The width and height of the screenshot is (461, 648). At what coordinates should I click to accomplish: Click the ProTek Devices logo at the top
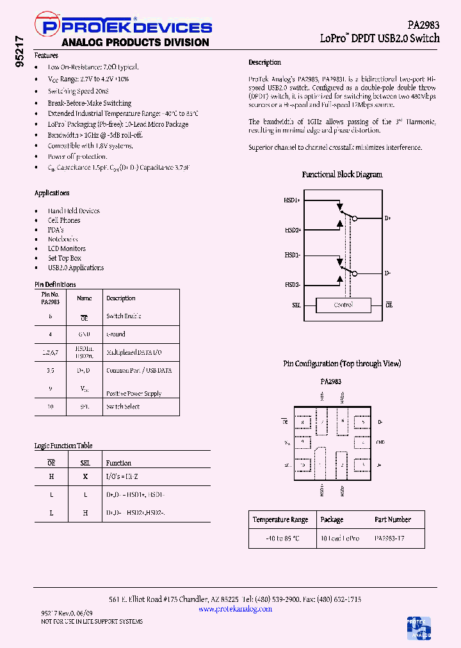pyautogui.click(x=125, y=27)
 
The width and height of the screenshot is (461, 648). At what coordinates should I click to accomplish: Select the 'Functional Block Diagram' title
pyautogui.click(x=342, y=174)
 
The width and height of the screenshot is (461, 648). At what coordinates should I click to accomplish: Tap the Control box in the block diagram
pyautogui.click(x=343, y=305)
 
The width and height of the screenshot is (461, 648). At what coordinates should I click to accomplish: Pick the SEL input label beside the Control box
pyautogui.click(x=296, y=305)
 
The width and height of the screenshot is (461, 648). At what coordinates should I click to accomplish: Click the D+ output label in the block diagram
pyautogui.click(x=387, y=218)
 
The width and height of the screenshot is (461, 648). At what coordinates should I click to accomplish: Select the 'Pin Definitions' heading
pyautogui.click(x=55, y=284)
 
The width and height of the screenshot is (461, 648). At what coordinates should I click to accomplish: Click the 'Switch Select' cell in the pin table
pyautogui.click(x=123, y=407)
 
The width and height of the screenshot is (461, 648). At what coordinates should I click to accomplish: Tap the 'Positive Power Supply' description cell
pyautogui.click(x=134, y=393)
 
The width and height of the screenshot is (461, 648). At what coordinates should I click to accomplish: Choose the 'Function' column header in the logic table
pyautogui.click(x=118, y=463)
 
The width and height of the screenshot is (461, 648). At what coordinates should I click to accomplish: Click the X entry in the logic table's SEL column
pyautogui.click(x=85, y=476)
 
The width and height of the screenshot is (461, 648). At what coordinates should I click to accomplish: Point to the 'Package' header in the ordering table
pyautogui.click(x=332, y=520)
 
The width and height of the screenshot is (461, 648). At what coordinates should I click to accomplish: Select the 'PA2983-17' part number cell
pyautogui.click(x=389, y=539)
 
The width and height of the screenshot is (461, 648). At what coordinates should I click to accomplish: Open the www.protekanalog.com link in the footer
pyautogui.click(x=235, y=609)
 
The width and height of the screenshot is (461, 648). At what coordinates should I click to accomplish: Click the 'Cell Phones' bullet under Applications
pyautogui.click(x=64, y=220)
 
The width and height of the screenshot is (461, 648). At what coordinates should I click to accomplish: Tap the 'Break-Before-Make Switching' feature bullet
pyautogui.click(x=90, y=102)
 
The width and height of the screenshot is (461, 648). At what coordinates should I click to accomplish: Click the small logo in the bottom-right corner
pyautogui.click(x=419, y=628)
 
